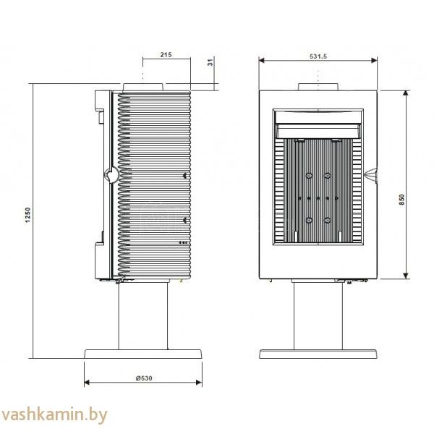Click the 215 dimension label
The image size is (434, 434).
[x=166, y=54]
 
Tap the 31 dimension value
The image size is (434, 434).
[x=211, y=62]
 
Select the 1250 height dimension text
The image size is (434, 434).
[x=27, y=216]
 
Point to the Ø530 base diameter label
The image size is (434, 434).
[x=144, y=378]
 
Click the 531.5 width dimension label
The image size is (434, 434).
[x=318, y=56]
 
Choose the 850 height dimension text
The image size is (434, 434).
[x=401, y=200]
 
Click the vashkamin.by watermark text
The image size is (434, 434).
[x=54, y=415]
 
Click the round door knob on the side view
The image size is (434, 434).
[x=111, y=175]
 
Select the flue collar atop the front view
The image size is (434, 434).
[x=318, y=87]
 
